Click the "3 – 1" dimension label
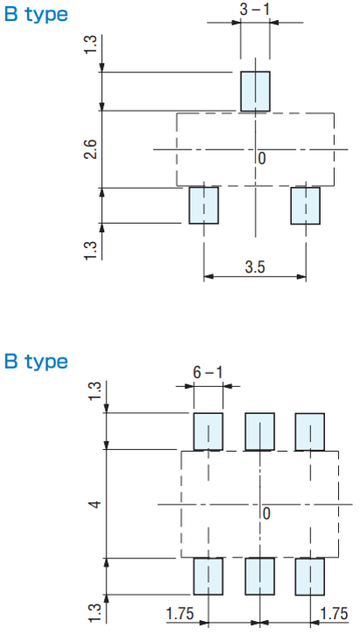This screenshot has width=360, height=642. (255, 9)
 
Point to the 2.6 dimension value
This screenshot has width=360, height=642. (92, 149)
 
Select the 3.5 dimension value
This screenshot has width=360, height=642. (255, 267)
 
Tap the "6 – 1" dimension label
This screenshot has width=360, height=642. (208, 373)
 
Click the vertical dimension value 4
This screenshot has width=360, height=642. (95, 504)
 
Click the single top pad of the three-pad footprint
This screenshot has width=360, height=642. (255, 91)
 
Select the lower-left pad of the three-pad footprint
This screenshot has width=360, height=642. (204, 205)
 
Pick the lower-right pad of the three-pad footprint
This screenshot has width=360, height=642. (306, 205)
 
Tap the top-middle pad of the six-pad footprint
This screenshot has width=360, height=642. (260, 431)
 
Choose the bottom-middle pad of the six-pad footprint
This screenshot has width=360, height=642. (260, 576)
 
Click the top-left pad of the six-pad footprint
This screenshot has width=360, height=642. (208, 431)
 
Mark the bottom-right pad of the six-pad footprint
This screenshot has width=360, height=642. (309, 576)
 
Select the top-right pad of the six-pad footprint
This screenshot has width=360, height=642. (309, 431)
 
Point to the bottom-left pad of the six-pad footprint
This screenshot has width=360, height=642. (208, 576)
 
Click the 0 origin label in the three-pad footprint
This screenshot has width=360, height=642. (262, 158)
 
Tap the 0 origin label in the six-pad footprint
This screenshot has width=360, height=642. (267, 514)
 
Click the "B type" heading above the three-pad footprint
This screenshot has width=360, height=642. (36, 15)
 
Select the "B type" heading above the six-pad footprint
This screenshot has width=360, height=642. (36, 362)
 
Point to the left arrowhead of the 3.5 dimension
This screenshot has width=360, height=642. (209, 277)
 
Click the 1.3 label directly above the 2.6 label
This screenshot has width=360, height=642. (92, 45)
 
